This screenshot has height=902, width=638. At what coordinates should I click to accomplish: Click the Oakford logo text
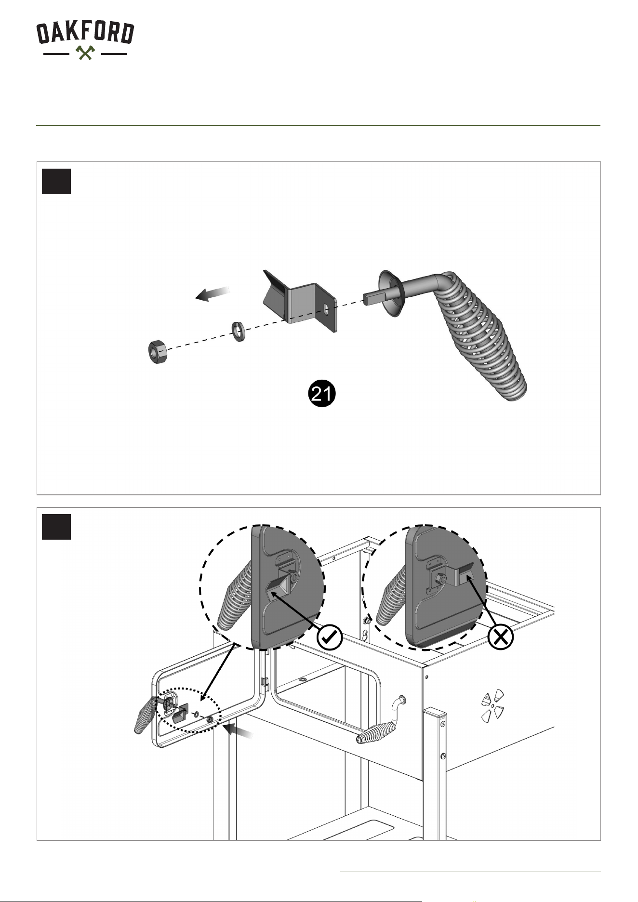85,33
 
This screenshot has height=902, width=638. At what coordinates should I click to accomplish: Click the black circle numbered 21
321,394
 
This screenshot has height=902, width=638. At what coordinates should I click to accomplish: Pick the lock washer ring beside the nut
237,332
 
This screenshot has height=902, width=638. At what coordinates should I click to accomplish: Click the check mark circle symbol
330,637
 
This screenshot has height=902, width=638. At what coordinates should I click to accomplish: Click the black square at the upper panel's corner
56,181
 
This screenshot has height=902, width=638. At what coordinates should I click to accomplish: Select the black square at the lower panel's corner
56,527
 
